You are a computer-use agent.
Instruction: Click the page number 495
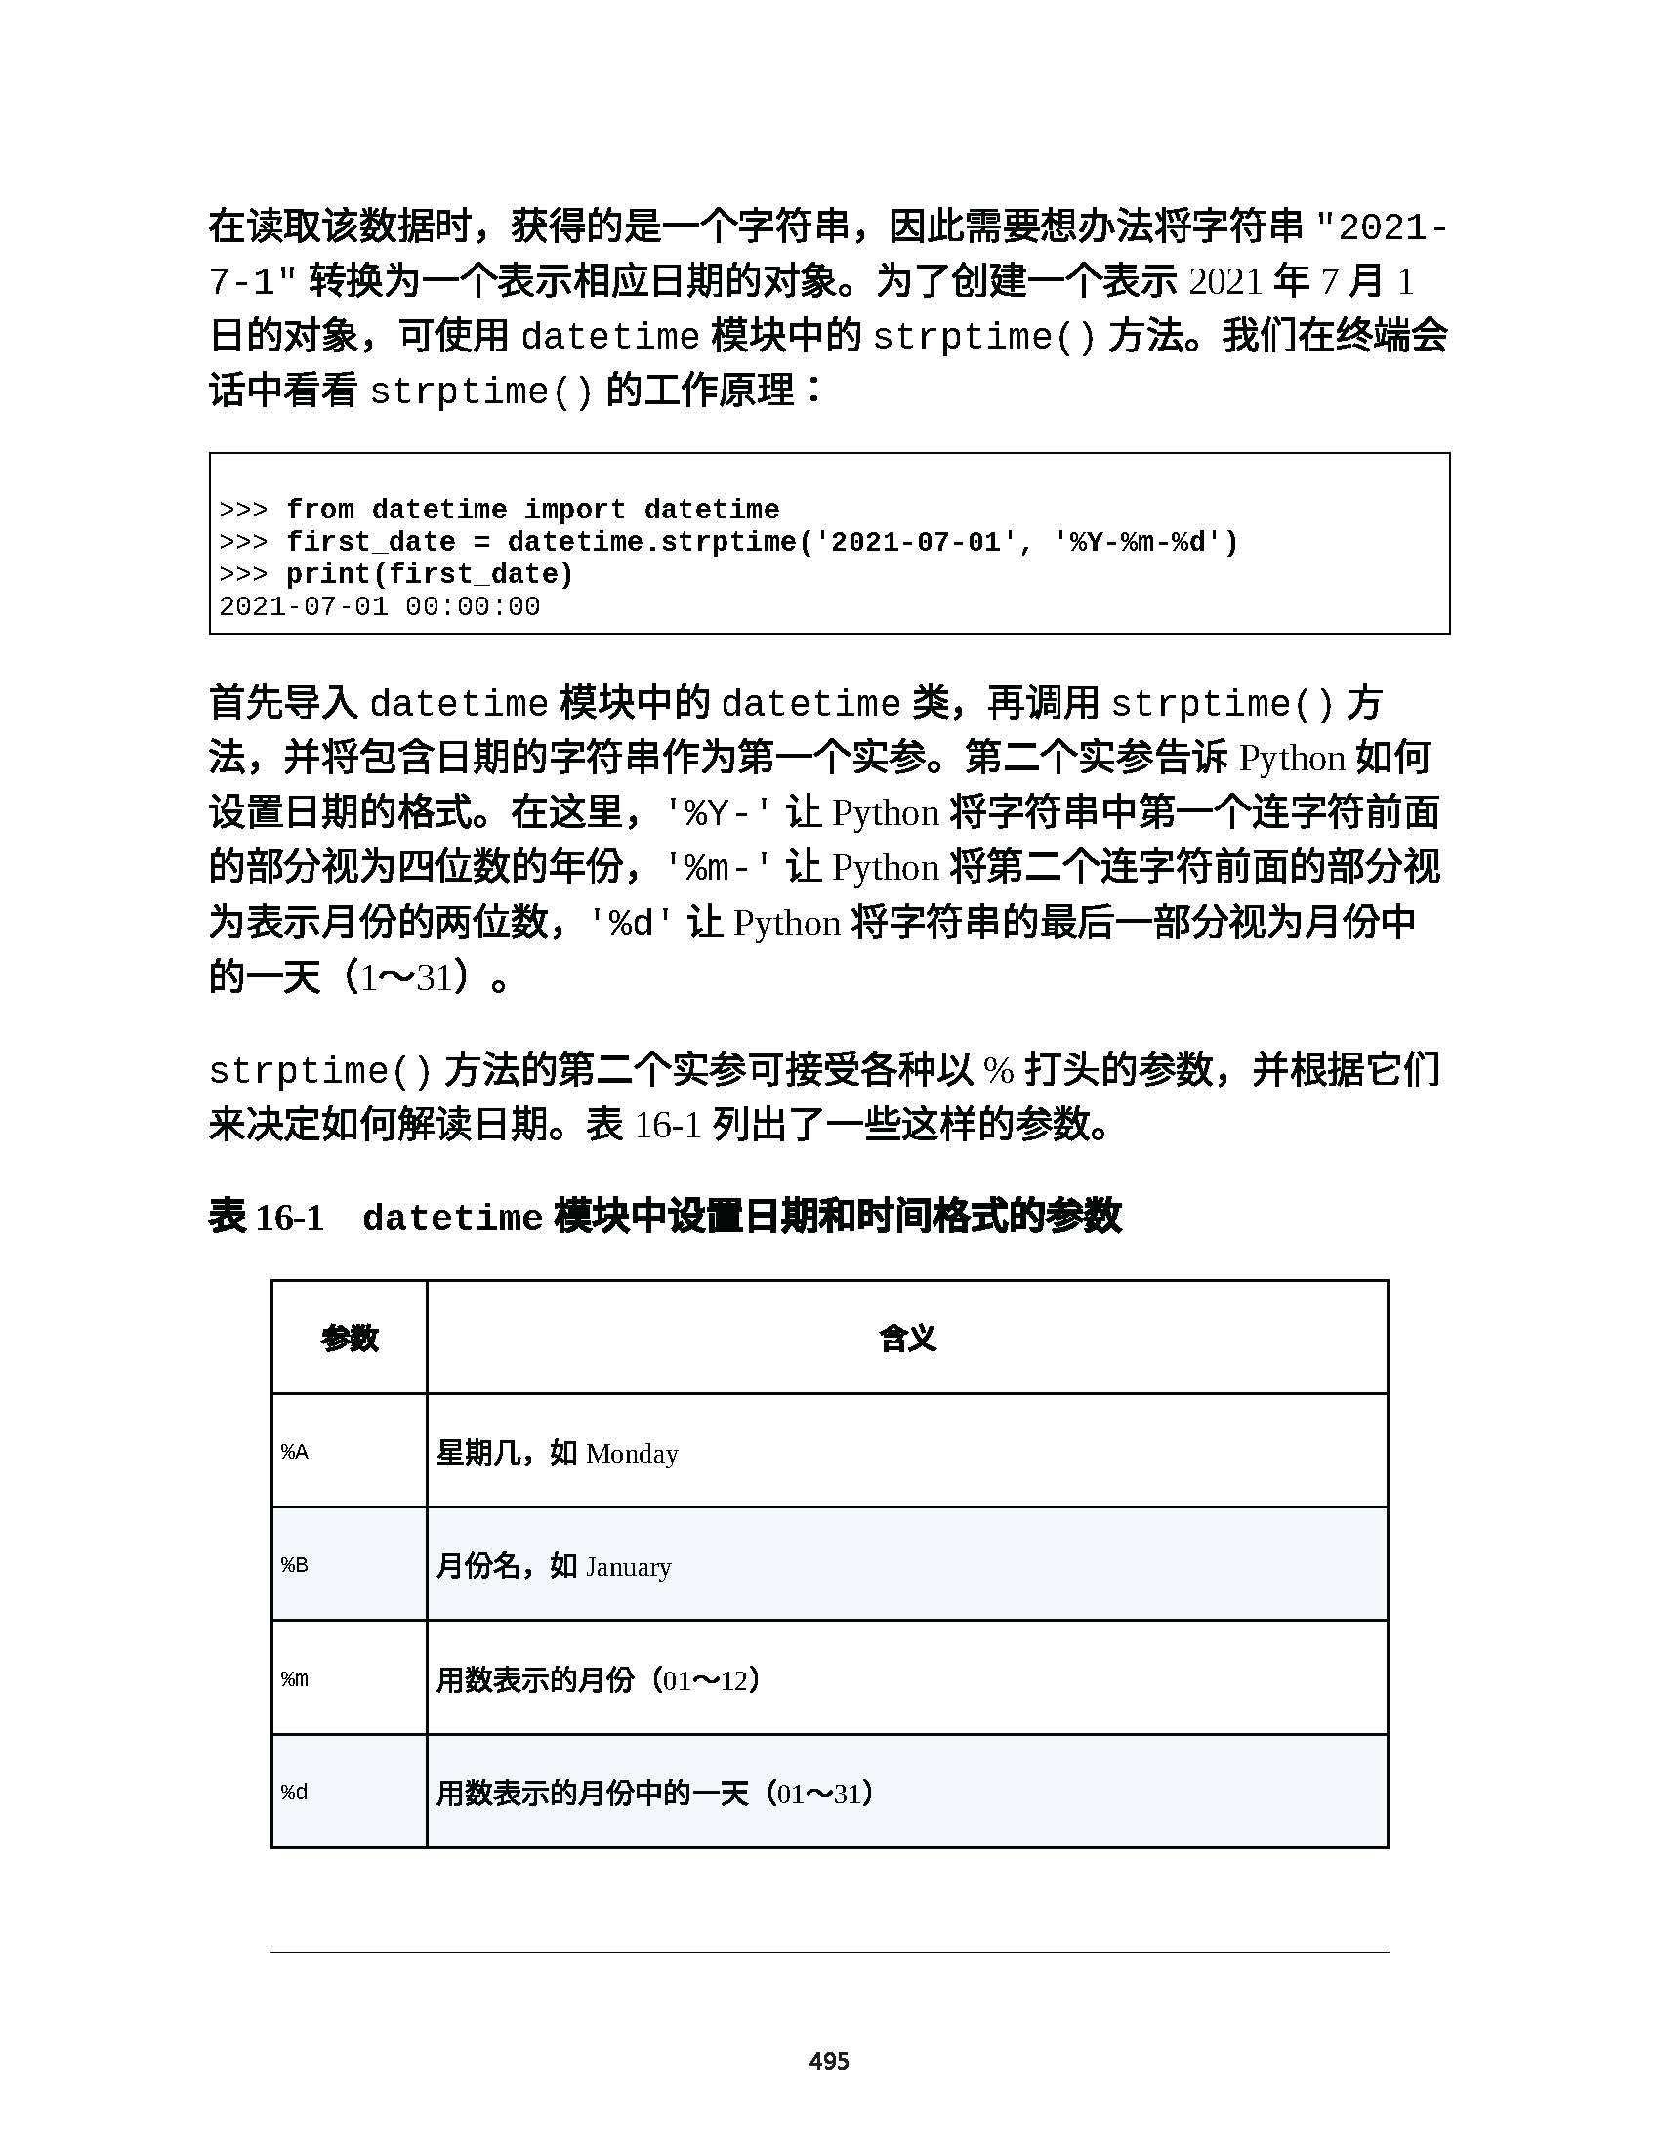tap(828, 2060)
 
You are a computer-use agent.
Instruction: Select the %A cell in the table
tap(295, 1452)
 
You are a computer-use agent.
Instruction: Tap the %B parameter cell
tap(295, 1565)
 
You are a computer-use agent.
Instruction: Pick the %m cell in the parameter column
tap(295, 1679)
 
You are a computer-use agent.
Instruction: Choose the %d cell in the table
tap(295, 1792)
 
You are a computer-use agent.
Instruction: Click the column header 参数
tap(350, 1338)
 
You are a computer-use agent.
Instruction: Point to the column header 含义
tap(907, 1338)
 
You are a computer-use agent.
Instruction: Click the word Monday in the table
tap(632, 1454)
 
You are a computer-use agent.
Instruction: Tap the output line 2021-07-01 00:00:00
tap(380, 607)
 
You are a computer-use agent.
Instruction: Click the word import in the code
tap(574, 510)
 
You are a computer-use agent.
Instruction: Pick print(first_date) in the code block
tap(430, 574)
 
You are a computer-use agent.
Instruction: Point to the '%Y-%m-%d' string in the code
tap(1145, 542)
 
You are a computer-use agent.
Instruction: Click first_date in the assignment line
tap(371, 542)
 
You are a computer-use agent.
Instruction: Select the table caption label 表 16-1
tap(267, 1218)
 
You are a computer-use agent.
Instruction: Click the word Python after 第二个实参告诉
tap(1291, 759)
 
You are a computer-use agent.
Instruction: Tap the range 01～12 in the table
tap(705, 1680)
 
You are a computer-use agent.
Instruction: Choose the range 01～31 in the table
tap(819, 1793)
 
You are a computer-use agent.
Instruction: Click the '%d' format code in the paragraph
tap(632, 924)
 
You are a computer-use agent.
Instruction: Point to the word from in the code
tap(319, 510)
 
